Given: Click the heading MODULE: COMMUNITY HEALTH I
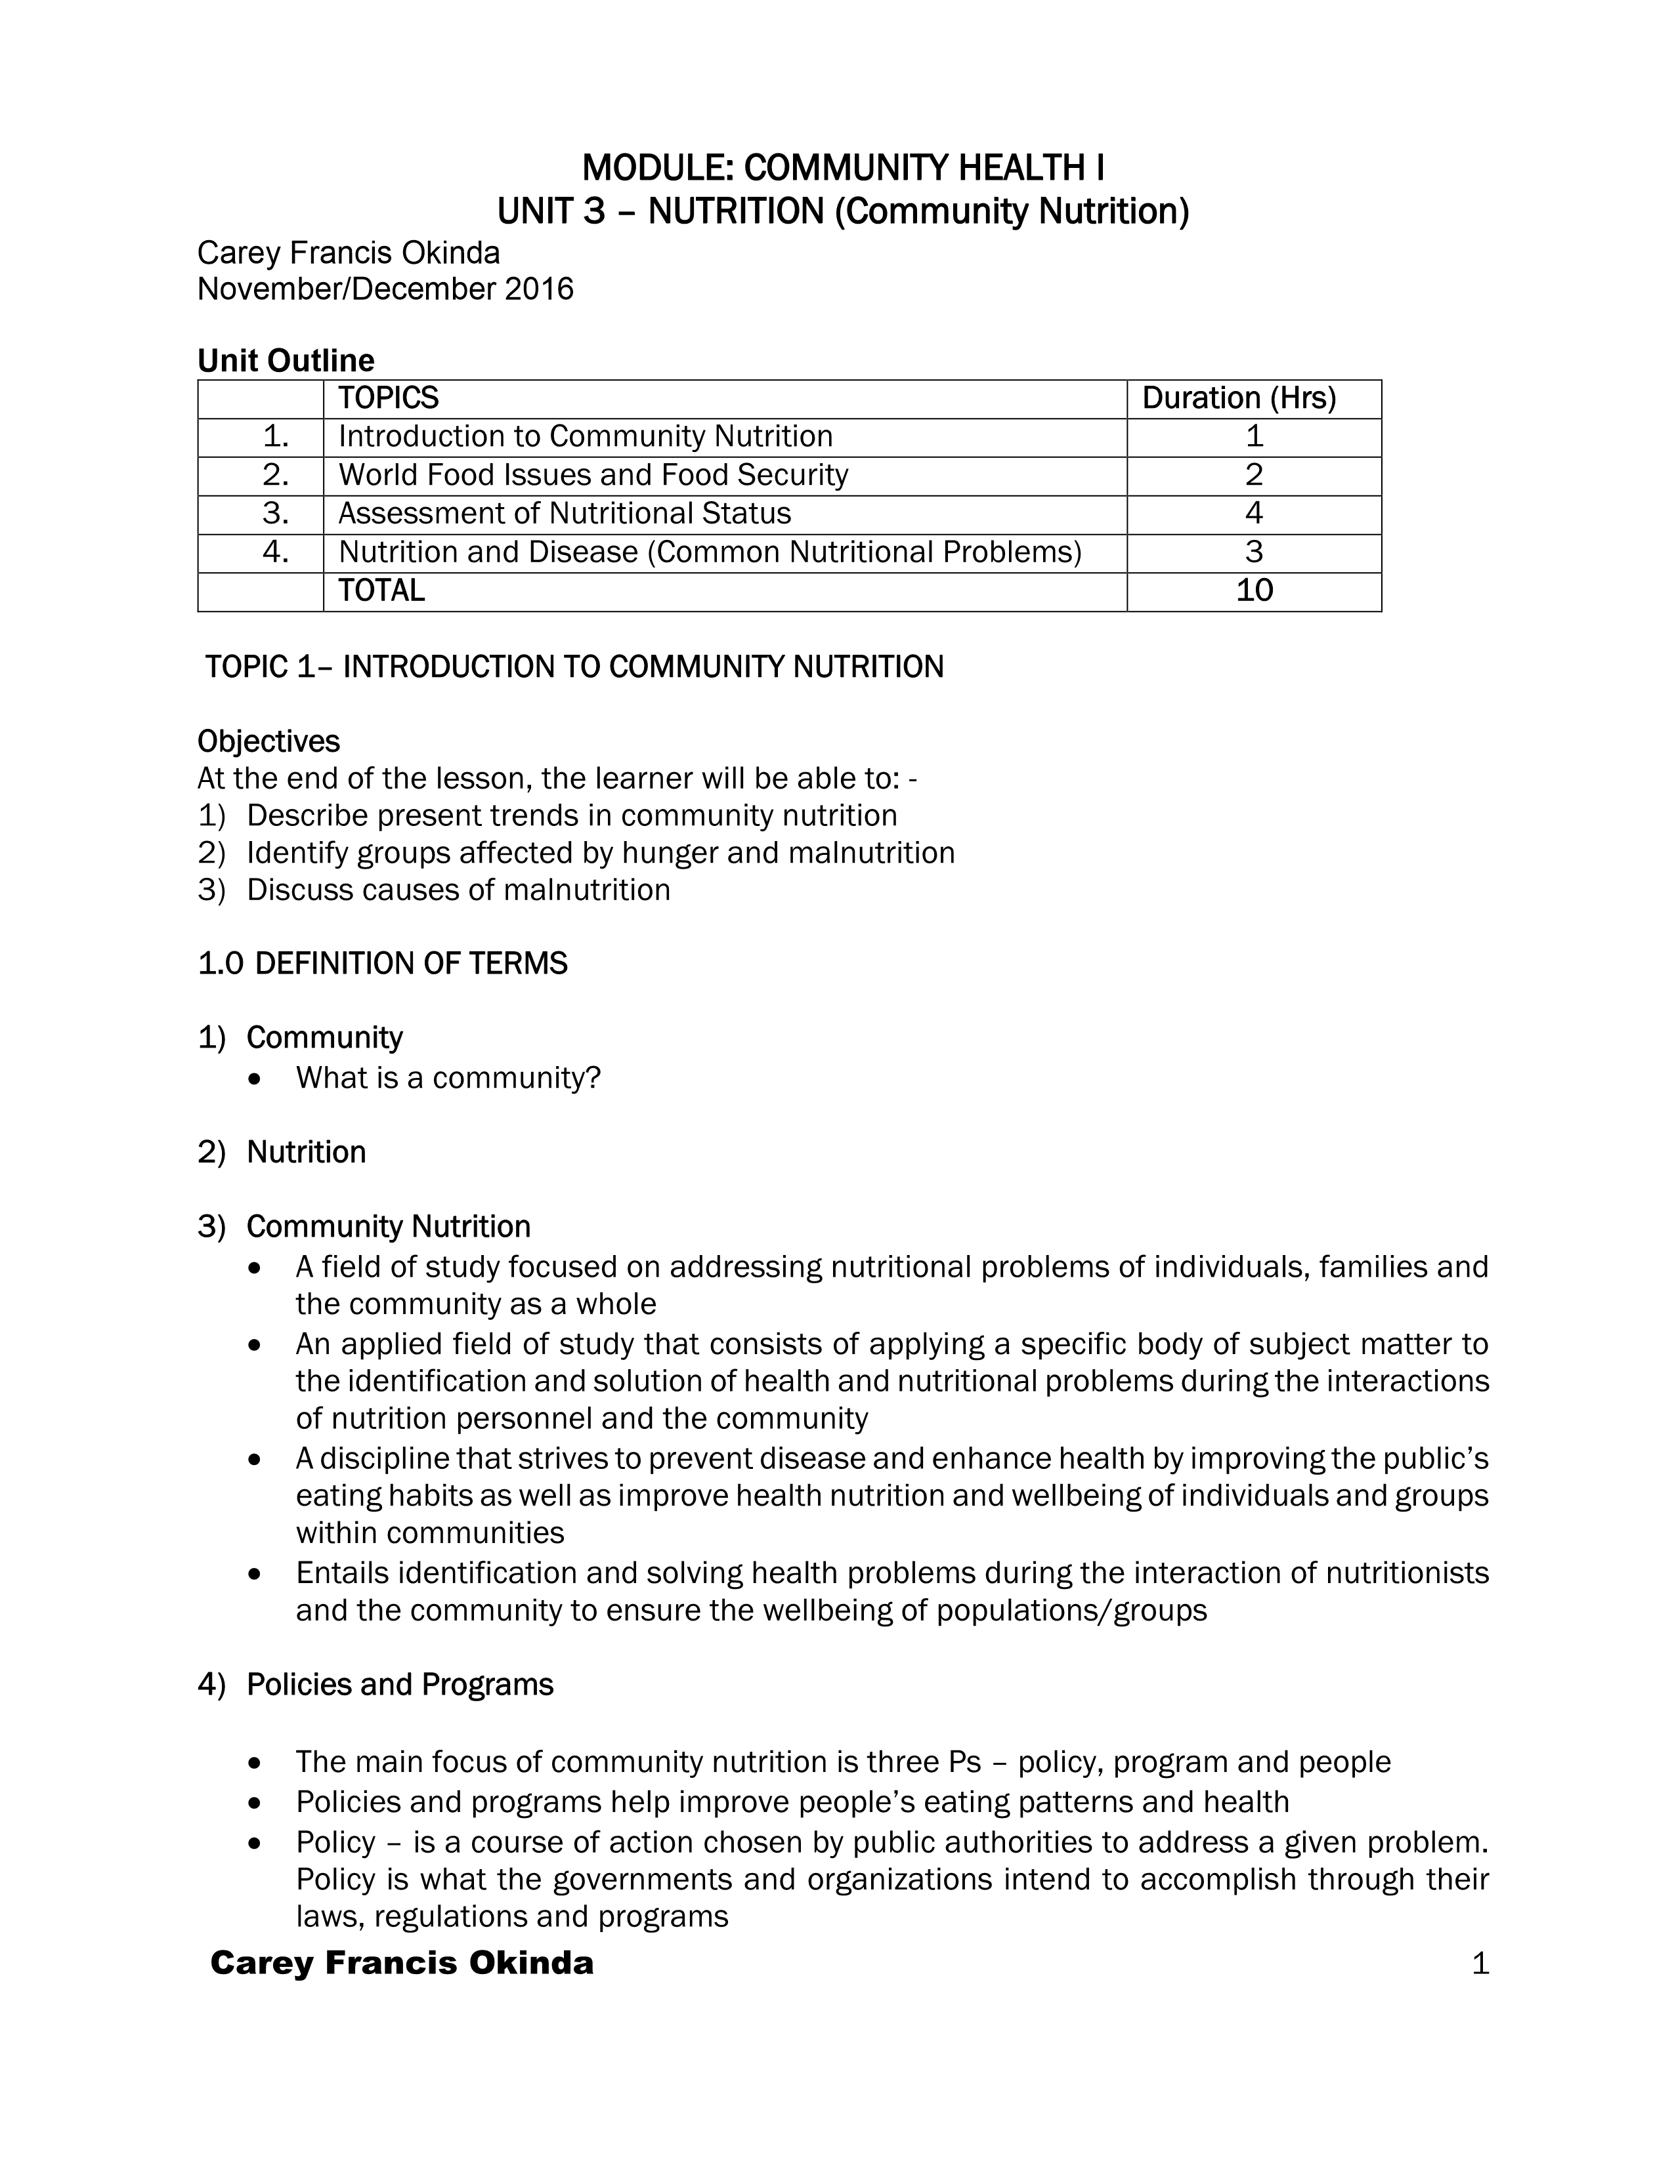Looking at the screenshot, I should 842,169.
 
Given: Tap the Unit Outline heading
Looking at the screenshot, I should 286,360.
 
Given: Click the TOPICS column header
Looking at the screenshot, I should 388,398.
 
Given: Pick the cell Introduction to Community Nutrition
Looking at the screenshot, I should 585,437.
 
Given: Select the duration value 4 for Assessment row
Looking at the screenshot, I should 1253,514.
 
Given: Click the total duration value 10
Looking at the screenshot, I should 1253,591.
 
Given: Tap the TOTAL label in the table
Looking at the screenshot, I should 381,591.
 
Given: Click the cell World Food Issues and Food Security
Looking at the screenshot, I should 593,476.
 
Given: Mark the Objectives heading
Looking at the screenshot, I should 268,741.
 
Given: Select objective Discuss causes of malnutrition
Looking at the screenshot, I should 458,890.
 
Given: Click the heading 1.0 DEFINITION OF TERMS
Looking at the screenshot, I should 383,964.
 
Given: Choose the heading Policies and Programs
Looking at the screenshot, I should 400,1685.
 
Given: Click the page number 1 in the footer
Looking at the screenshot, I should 1480,1964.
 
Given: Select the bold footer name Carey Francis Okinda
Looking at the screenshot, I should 402,1964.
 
